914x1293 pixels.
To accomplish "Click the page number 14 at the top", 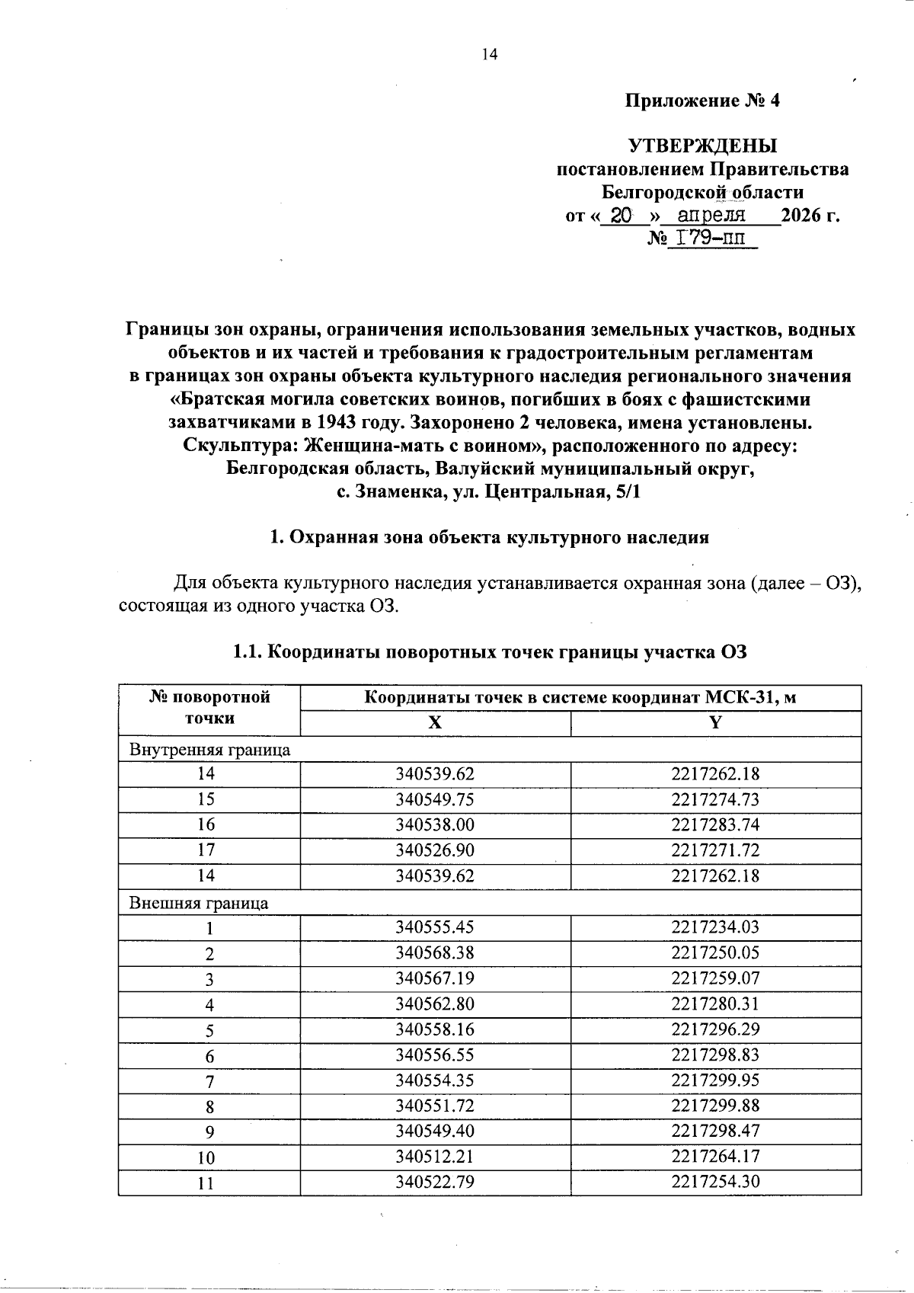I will pyautogui.click(x=489, y=54).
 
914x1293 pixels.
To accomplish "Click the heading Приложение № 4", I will pyautogui.click(x=702, y=101).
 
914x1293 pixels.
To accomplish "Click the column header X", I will pyautogui.click(x=434, y=724).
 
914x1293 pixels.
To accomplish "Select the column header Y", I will pyautogui.click(x=715, y=724).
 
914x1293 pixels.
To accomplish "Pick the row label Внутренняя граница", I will pyautogui.click(x=210, y=749).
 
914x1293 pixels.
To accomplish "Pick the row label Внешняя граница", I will pyautogui.click(x=199, y=903).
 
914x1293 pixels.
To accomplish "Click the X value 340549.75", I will pyautogui.click(x=434, y=799).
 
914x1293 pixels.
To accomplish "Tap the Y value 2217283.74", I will pyautogui.click(x=715, y=825).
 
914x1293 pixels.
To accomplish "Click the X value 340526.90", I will pyautogui.click(x=434, y=850).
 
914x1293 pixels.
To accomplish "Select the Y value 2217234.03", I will pyautogui.click(x=715, y=927).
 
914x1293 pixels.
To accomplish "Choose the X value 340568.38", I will pyautogui.click(x=434, y=953).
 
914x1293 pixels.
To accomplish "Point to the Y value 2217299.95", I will pyautogui.click(x=715, y=1080).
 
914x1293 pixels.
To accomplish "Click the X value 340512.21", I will pyautogui.click(x=434, y=1157).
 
